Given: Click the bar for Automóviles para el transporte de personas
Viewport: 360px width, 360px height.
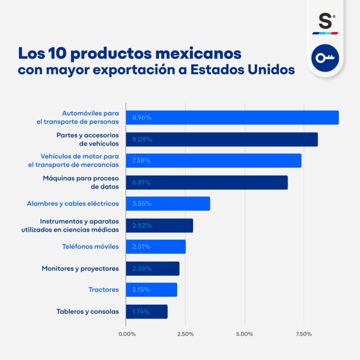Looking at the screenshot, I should click(232, 118).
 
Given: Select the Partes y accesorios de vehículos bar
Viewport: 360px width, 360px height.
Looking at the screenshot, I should click(222, 139).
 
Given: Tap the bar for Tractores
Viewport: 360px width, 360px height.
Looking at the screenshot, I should click(151, 290).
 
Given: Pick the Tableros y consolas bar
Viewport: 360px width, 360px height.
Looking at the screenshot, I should click(146, 311).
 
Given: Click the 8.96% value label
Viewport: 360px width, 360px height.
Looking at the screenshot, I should click(142, 118).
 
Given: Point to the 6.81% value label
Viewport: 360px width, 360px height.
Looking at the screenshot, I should click(141, 182).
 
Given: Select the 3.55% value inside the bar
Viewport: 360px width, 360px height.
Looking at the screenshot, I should click(142, 204).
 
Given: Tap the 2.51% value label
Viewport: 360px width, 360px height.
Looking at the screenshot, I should click(141, 247).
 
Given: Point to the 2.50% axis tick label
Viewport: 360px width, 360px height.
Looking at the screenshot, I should click(185, 334).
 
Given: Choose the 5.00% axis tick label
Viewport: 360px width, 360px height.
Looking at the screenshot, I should click(245, 334).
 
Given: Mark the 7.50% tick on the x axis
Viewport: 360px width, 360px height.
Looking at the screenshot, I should click(304, 334).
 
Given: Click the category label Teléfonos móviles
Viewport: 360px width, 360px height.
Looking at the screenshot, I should click(90, 247).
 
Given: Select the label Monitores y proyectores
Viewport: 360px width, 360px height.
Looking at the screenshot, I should click(80, 269).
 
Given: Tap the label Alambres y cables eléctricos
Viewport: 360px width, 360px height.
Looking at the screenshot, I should click(73, 204).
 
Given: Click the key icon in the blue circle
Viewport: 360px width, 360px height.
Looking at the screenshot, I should click(325, 58).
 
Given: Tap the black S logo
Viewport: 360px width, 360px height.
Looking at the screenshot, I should click(325, 22).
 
